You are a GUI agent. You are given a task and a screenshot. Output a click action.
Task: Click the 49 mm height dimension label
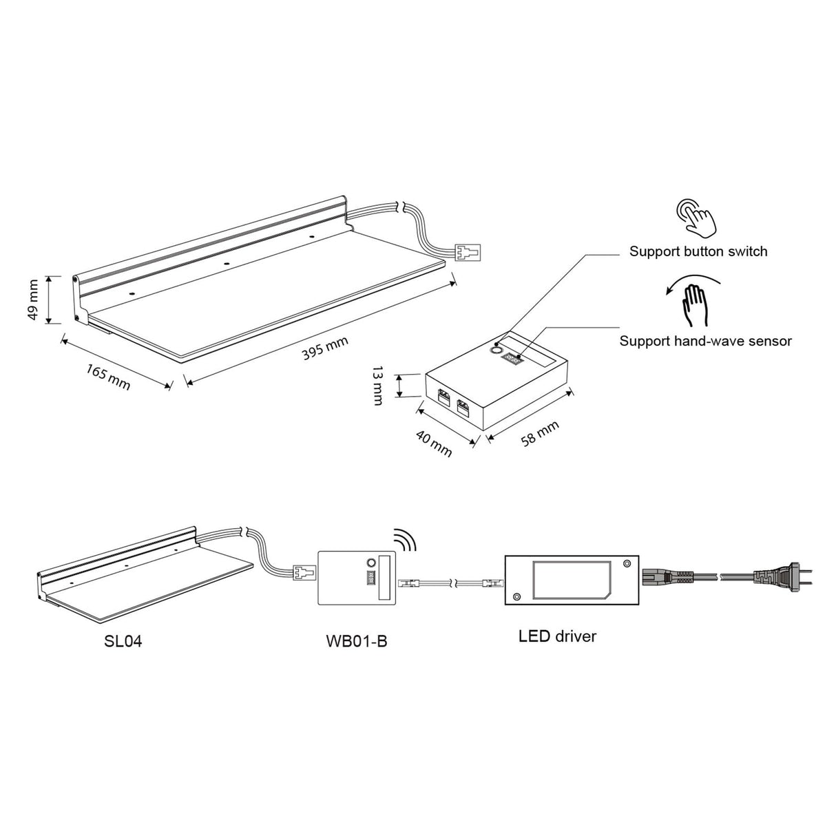point(33,300)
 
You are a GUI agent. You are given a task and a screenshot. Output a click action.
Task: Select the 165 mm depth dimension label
point(108,377)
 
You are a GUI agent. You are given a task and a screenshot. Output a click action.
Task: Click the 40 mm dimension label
point(434,443)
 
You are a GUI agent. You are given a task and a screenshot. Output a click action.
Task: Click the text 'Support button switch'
point(698,251)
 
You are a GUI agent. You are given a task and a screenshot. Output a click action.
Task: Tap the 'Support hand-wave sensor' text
point(705,341)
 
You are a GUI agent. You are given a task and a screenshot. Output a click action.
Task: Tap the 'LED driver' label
point(558,636)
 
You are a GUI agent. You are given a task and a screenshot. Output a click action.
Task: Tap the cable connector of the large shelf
point(468,251)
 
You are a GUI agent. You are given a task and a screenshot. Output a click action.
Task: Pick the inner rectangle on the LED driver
point(572,579)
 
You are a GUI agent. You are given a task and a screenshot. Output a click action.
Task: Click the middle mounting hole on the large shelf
point(226,263)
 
